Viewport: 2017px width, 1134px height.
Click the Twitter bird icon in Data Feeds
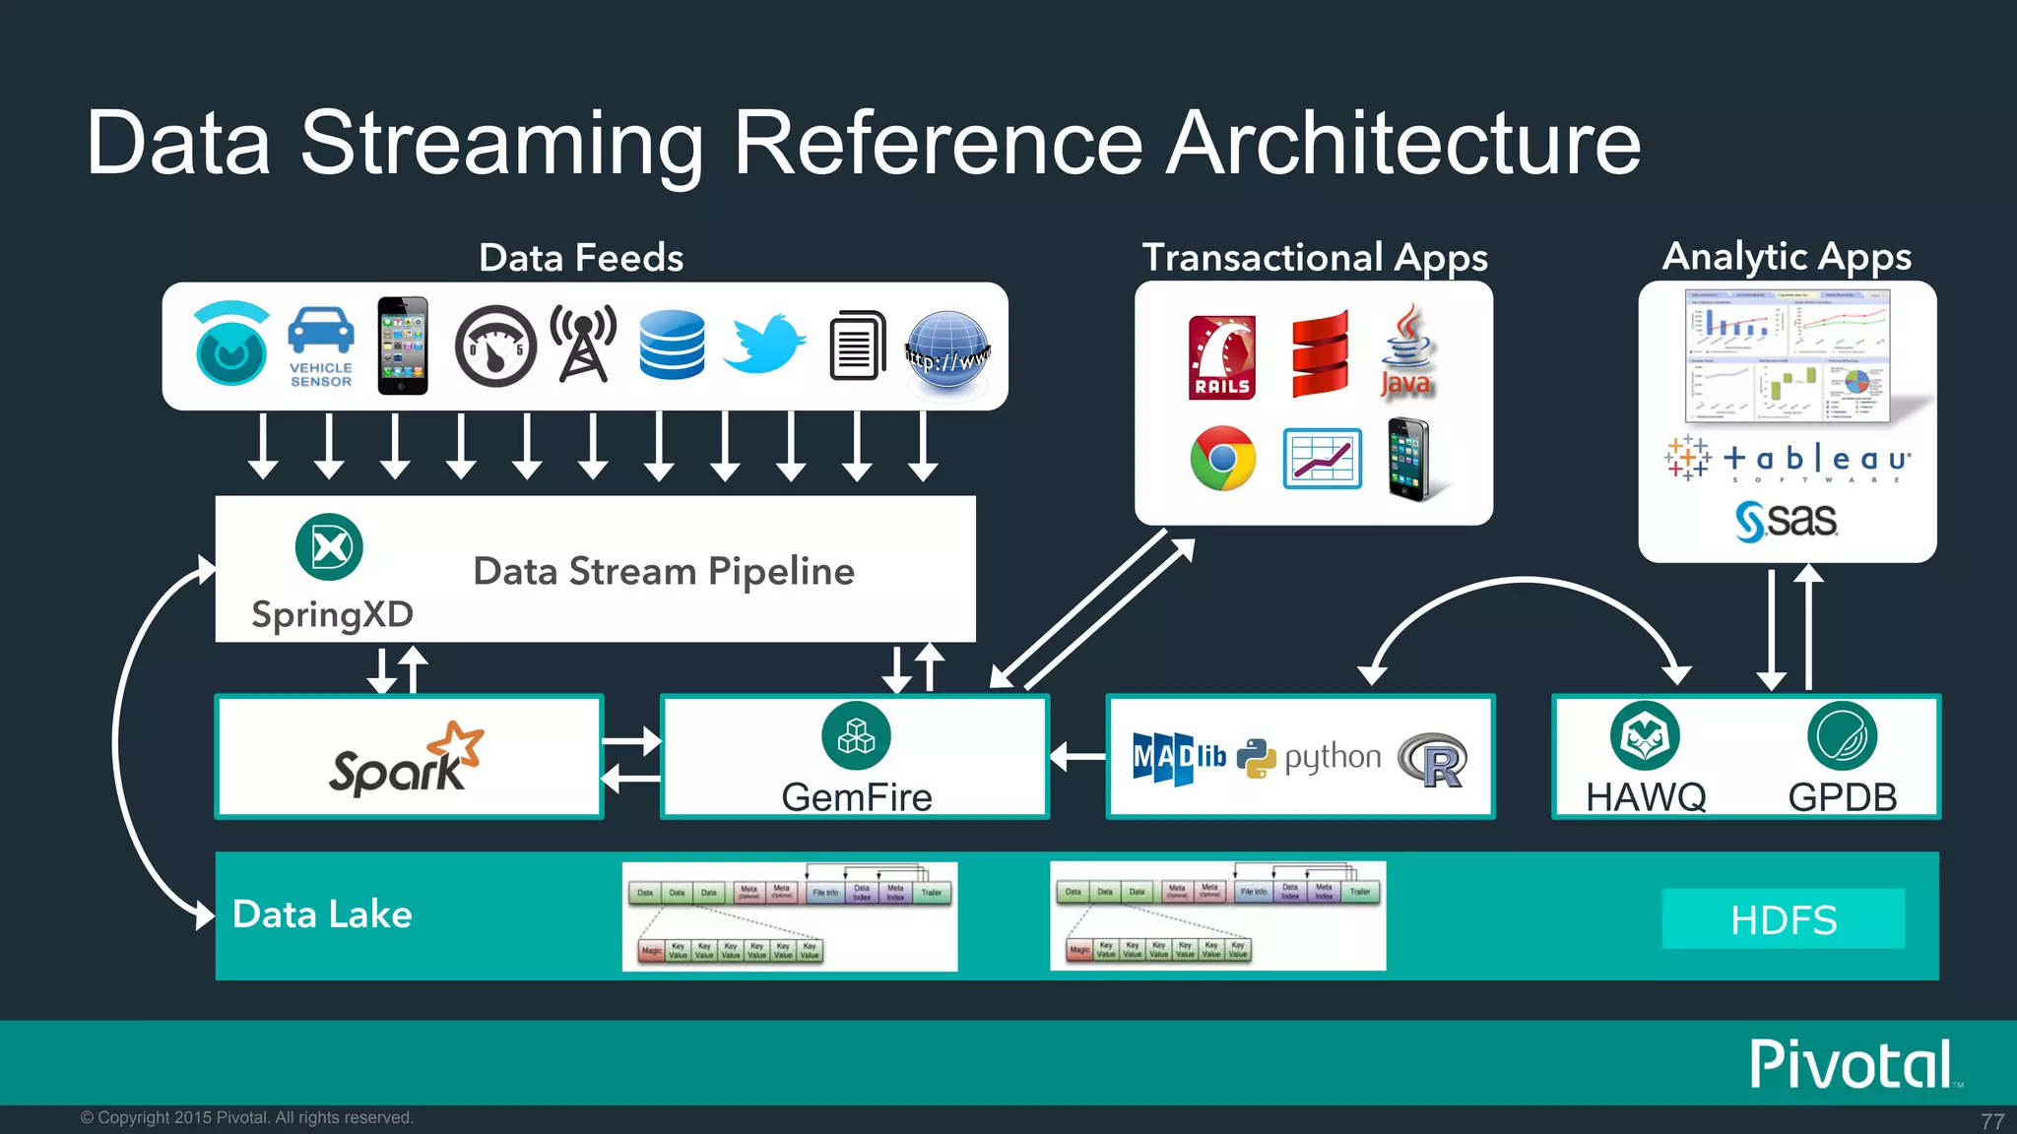763,345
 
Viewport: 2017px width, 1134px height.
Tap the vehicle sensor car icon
321,333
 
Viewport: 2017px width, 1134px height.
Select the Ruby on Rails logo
1221,356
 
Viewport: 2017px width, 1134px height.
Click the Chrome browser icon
1222,458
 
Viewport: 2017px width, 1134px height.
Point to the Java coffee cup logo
1406,351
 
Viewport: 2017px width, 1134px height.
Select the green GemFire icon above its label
856,736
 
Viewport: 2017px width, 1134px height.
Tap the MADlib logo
1178,758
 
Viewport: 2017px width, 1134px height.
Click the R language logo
1433,760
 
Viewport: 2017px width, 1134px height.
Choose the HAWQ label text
1645,796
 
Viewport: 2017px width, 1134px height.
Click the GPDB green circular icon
1842,736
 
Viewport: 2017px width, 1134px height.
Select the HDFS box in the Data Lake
1783,919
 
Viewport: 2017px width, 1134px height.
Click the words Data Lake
322,914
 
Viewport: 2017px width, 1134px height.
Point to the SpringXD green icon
329,547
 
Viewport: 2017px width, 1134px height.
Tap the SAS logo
1786,520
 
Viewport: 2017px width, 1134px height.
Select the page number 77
1991,1121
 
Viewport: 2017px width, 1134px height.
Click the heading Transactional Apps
1314,258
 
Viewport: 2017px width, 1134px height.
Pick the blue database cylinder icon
671,345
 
